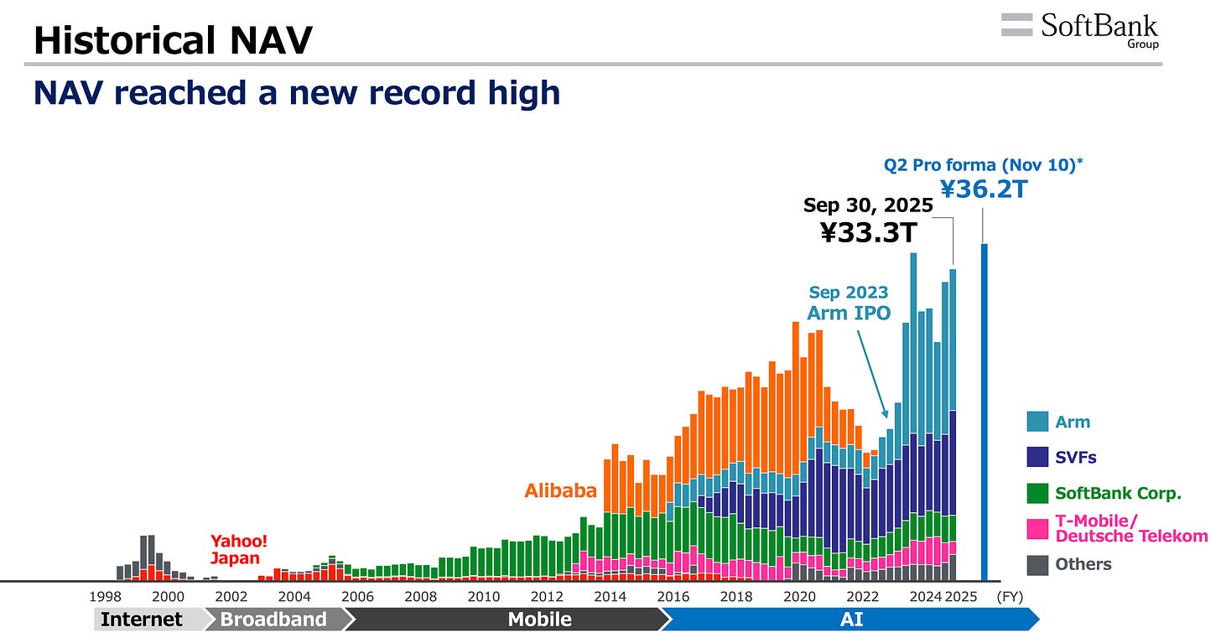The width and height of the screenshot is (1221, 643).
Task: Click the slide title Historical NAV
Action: (173, 40)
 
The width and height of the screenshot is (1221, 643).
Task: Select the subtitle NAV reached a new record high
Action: (297, 92)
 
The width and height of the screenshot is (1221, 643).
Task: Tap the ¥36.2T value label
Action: (984, 189)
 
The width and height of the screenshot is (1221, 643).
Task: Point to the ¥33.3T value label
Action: (868, 231)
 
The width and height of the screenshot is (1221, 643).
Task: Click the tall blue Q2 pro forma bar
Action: (985, 412)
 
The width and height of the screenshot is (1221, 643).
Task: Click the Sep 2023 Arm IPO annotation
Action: (849, 303)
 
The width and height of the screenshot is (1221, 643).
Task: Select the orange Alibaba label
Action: (560, 490)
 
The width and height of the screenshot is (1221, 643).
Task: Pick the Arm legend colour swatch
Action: (1037, 423)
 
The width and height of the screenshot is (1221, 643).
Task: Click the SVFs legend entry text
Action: (1076, 458)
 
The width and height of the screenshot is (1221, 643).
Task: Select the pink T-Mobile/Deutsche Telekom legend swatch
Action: (1037, 528)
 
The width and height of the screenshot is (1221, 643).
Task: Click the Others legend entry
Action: (1083, 564)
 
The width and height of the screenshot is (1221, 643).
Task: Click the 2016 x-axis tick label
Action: (673, 597)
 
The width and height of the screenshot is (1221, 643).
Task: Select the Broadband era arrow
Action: (273, 620)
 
